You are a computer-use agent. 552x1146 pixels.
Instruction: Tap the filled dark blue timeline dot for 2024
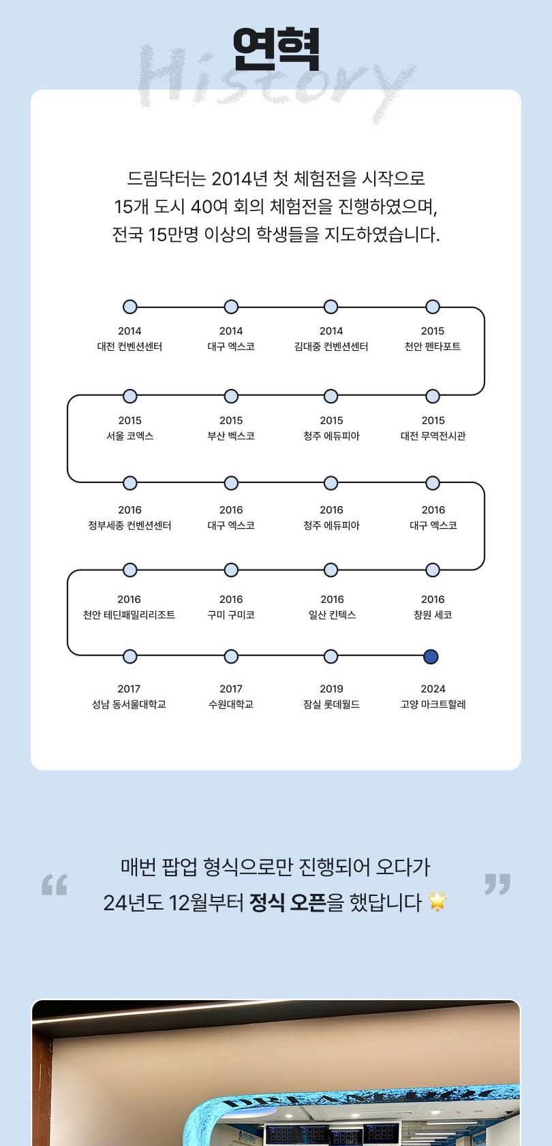click(431, 656)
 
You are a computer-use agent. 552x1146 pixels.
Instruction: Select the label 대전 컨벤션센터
click(129, 346)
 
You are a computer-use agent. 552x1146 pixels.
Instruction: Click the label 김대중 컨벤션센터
click(331, 346)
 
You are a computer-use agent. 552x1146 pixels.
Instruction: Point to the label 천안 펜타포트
click(433, 346)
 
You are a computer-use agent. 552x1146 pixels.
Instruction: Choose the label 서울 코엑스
click(130, 436)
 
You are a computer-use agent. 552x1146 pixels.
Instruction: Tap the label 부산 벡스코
click(231, 436)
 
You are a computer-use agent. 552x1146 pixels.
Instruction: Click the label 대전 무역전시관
click(433, 436)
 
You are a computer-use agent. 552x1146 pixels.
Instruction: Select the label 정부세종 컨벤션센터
click(130, 525)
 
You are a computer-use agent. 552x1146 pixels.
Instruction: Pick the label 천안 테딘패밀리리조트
click(129, 615)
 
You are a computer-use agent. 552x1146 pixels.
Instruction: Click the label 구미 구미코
click(231, 615)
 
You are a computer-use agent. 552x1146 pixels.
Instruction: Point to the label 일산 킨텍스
click(332, 615)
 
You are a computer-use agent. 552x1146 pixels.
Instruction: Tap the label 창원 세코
click(433, 615)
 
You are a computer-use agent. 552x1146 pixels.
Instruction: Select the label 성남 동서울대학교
click(129, 704)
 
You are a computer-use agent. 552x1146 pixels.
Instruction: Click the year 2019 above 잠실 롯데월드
click(331, 689)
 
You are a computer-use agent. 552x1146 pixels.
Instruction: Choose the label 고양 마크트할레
click(433, 704)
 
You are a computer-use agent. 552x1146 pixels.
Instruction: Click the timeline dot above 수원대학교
click(231, 656)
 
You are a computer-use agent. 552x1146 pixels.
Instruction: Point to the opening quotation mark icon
click(55, 884)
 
